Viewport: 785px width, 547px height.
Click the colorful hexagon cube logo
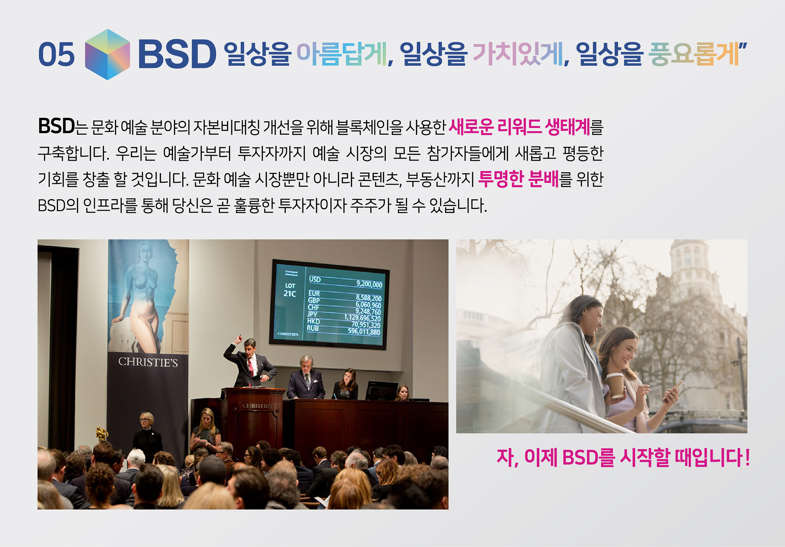107,54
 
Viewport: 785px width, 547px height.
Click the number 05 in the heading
56,54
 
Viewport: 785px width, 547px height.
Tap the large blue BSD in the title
177,54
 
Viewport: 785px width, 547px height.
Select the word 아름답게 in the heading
342,54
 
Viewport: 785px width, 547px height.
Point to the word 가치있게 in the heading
518,54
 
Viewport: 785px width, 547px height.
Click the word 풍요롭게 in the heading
694,54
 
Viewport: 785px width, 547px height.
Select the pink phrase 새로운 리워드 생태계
519,127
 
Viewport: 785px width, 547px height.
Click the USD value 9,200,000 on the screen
369,284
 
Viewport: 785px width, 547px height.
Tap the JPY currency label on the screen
312,314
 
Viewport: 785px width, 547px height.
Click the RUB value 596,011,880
364,332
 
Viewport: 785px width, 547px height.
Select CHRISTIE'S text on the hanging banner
148,362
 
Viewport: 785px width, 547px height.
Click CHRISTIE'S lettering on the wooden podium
257,406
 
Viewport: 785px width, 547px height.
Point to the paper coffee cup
615,385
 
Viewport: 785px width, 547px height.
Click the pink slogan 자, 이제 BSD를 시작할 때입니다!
623,457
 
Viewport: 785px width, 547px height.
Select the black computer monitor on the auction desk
381,390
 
